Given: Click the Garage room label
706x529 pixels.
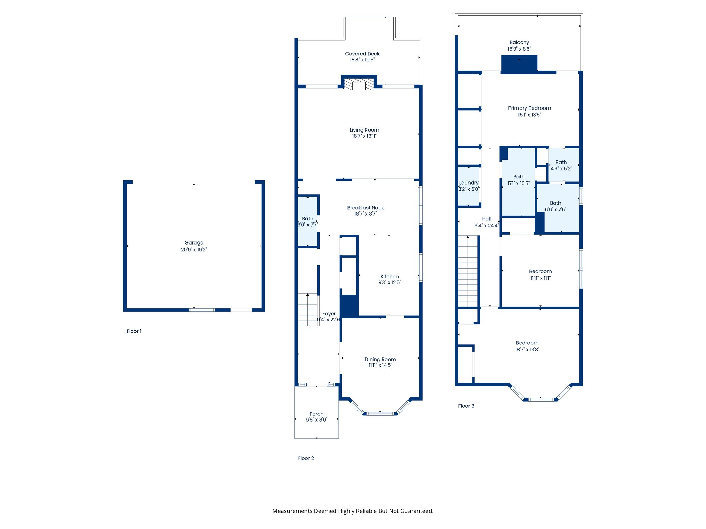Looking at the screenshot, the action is point(194,243).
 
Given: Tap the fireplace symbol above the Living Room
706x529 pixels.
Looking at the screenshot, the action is point(359,84).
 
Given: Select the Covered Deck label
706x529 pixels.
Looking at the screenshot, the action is point(362,54).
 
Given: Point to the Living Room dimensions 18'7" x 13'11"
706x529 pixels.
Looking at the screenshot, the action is point(364,136).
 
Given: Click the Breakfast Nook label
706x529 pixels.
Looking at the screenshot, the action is point(365,208).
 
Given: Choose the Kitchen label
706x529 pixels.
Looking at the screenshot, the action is point(390,277).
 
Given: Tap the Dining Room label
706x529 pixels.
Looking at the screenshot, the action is point(380,360).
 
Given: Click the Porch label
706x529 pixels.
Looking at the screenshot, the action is point(316,414).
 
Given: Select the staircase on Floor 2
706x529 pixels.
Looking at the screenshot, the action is point(308,310).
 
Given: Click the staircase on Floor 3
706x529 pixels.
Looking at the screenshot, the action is point(468,271).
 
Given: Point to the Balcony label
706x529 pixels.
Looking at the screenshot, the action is point(519,42).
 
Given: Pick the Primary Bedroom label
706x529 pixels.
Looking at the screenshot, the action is point(529,108).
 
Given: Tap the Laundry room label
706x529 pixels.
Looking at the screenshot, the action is point(469,183).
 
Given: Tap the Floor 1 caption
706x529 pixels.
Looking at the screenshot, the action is point(134,331).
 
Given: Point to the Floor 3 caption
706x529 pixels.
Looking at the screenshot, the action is point(466,406).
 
